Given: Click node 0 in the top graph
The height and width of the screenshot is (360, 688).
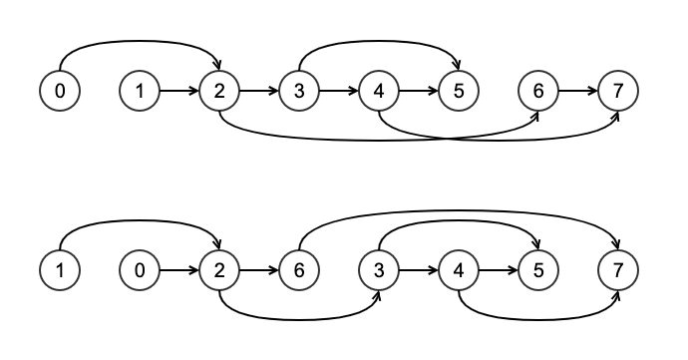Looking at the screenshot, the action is coord(60,91).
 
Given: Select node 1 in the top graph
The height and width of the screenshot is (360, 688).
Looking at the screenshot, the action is coord(140,91).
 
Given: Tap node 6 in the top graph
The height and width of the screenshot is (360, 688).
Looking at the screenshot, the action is coord(538,91).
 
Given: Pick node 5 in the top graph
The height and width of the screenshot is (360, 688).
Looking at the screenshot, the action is coord(459,91).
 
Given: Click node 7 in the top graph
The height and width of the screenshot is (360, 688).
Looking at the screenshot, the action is coord(618,91).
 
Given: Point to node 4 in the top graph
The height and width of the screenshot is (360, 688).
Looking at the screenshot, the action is coord(379,91).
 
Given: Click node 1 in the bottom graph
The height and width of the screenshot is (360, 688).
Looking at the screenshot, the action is coord(60,270).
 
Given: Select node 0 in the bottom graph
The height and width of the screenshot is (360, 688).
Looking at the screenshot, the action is coord(140,270).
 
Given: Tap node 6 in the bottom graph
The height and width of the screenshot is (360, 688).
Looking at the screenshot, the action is coord(299,270).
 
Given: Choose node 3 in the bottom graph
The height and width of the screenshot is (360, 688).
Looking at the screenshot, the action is coord(379,270).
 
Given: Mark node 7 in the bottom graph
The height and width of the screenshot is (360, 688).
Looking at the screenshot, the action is coord(618,270).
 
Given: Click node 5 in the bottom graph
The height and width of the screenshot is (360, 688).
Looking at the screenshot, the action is coord(538,270).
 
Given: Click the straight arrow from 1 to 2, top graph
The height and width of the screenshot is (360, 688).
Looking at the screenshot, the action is coord(179,91).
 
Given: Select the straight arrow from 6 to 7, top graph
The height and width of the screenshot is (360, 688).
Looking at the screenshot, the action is coord(578,91).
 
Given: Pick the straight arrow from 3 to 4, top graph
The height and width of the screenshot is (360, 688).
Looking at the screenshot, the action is coord(339,91).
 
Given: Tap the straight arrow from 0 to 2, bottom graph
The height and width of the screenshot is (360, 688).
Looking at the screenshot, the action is coord(179,270).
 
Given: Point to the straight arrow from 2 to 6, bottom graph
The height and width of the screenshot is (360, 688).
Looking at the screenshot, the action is coord(259,270).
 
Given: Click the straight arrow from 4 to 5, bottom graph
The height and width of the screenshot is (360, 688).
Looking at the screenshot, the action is coord(499,270).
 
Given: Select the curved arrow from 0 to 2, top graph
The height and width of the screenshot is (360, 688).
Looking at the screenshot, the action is coord(140,41).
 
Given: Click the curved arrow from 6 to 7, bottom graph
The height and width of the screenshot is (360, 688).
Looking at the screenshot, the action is coord(459,210).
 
